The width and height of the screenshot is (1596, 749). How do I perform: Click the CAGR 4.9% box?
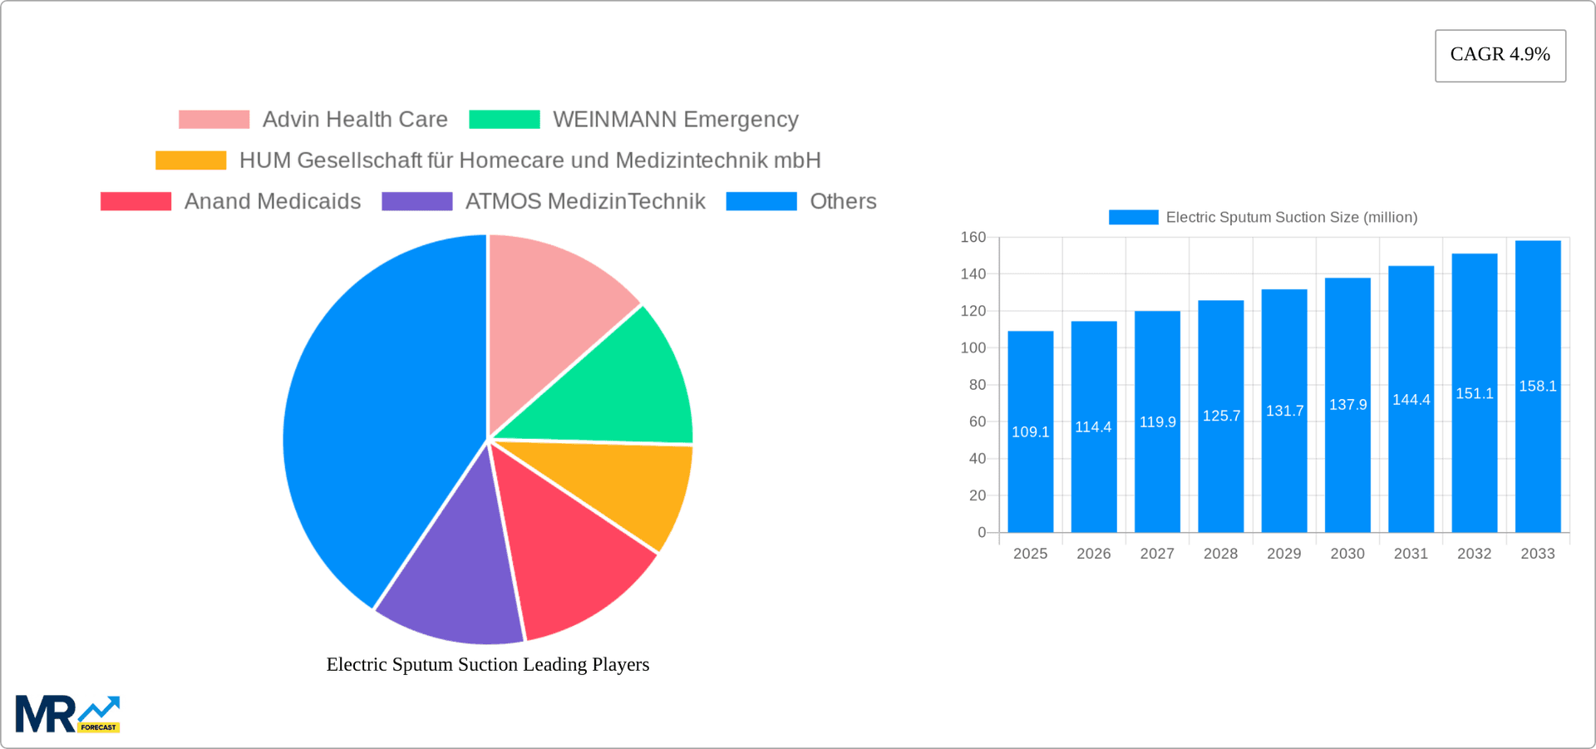tap(1500, 55)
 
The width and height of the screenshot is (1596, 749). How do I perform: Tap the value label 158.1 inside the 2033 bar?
tap(1537, 386)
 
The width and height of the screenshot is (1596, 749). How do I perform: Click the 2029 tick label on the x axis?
tap(1283, 554)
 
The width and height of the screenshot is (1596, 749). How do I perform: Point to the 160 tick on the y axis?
tap(973, 238)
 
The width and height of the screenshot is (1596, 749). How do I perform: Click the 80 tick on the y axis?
tap(977, 385)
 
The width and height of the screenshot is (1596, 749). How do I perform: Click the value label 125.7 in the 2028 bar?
tap(1220, 416)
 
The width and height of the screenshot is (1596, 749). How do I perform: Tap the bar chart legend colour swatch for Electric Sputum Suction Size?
tap(1133, 217)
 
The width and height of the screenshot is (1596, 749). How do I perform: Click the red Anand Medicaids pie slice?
tap(574, 557)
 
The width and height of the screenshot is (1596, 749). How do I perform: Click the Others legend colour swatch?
tap(761, 201)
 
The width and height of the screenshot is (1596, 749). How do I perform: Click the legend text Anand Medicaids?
tap(272, 201)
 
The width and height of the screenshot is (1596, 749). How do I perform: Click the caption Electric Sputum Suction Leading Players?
tap(487, 664)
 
